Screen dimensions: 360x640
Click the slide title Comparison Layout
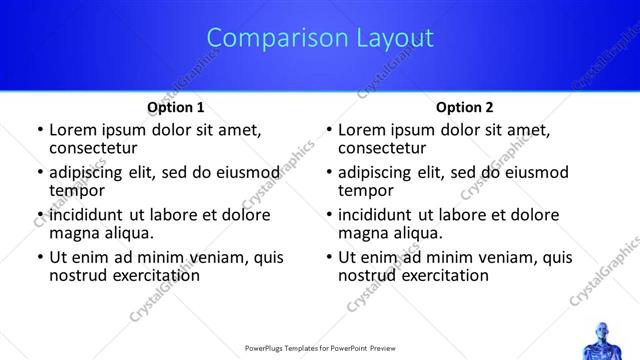(x=320, y=38)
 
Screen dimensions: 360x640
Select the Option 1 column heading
(x=176, y=106)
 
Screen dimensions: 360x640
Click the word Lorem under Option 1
(x=72, y=130)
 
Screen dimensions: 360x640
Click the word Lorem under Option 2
(x=361, y=130)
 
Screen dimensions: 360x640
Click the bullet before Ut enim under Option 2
(x=329, y=257)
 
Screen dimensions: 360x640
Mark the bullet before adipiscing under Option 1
(x=40, y=173)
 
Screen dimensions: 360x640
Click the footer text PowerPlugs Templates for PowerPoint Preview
(x=320, y=349)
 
